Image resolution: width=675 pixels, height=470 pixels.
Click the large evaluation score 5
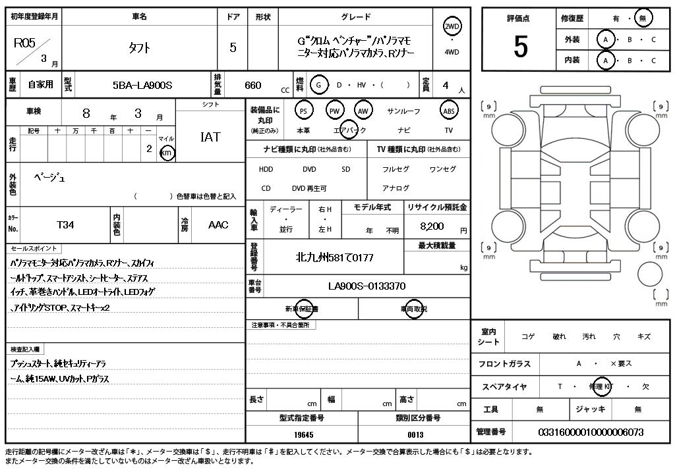click(x=520, y=47)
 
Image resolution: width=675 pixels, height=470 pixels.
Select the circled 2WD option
click(x=452, y=26)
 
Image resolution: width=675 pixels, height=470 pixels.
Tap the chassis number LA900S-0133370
click(x=367, y=286)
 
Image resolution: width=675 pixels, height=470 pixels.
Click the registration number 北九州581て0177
click(x=334, y=257)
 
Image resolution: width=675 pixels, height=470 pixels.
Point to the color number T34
click(x=65, y=225)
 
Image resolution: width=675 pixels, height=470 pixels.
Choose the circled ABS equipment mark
click(x=449, y=111)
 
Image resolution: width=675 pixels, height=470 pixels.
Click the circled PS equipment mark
click(x=303, y=111)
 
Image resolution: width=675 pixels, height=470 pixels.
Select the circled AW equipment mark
click(x=363, y=111)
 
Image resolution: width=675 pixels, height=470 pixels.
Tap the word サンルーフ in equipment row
click(x=404, y=111)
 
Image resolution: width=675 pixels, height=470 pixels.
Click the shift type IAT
click(x=210, y=137)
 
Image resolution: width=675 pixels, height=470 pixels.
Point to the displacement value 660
click(x=253, y=85)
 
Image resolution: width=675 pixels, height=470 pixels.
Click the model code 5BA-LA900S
click(x=142, y=85)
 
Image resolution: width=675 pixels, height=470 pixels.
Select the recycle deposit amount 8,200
click(x=432, y=226)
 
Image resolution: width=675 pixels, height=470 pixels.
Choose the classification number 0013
click(x=415, y=434)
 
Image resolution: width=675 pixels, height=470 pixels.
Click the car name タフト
click(x=139, y=47)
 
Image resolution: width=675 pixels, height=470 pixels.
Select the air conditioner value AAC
click(x=218, y=225)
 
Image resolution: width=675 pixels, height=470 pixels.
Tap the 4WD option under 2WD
click(x=452, y=52)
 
